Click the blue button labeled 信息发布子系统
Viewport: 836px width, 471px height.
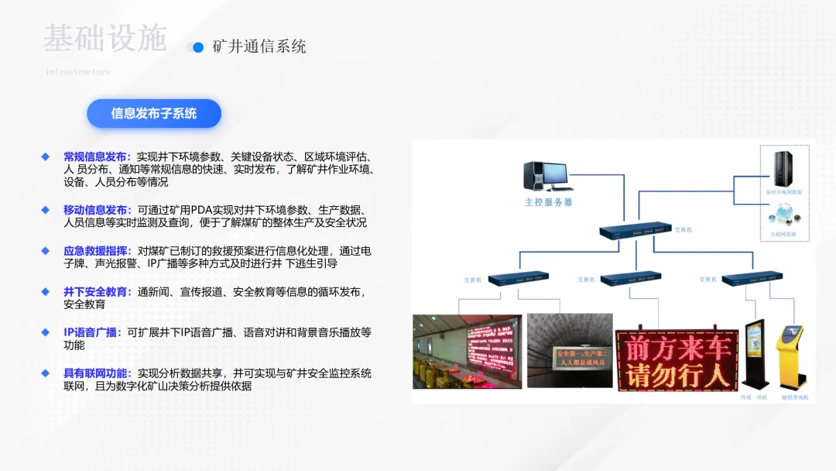click(154, 114)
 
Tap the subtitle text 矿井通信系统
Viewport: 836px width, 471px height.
click(259, 46)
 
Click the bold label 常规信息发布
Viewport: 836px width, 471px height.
click(97, 156)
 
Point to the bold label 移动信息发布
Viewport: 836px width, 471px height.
click(97, 210)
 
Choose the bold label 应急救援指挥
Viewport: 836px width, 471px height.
click(97, 251)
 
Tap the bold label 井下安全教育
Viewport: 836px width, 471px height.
click(97, 292)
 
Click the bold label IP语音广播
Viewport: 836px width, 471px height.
click(92, 332)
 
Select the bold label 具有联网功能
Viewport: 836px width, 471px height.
click(97, 373)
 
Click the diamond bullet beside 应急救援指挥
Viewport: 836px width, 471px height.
click(46, 251)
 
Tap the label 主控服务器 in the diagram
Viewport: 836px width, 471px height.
click(549, 202)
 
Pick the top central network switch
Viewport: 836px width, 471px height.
click(634, 230)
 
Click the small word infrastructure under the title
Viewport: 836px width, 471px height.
click(77, 72)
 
